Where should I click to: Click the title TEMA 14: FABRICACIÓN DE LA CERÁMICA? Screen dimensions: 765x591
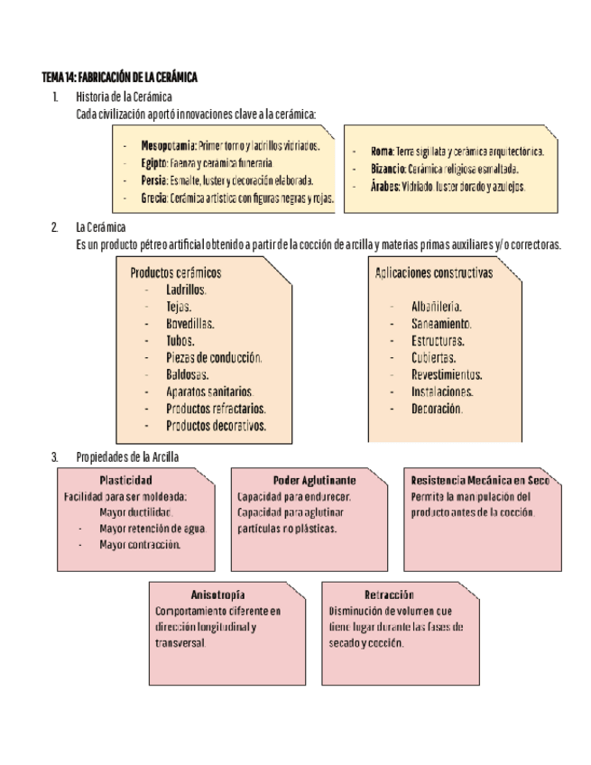(119, 78)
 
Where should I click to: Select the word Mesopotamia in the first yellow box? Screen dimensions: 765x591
(168, 144)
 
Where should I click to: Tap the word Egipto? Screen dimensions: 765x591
(154, 162)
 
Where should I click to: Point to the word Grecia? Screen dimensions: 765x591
(154, 198)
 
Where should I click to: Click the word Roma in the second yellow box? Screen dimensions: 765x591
(381, 152)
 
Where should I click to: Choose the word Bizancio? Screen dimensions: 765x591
(388, 169)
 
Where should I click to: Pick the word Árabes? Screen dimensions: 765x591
(385, 187)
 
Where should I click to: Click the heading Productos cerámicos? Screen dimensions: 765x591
(176, 272)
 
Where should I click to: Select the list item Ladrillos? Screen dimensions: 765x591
(186, 290)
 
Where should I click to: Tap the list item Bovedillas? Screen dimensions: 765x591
(189, 324)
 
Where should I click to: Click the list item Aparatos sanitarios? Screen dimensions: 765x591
(209, 392)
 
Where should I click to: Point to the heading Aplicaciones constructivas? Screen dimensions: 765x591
(434, 272)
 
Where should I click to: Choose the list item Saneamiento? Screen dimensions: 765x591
(441, 323)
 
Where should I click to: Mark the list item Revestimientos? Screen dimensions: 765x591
(447, 374)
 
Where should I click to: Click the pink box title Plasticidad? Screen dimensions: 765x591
(125, 480)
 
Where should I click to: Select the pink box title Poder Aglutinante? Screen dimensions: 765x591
(314, 480)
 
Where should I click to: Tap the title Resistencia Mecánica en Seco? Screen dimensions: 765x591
(480, 480)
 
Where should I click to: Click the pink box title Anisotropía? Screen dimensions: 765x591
(218, 595)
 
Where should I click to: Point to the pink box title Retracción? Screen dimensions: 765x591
(390, 595)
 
